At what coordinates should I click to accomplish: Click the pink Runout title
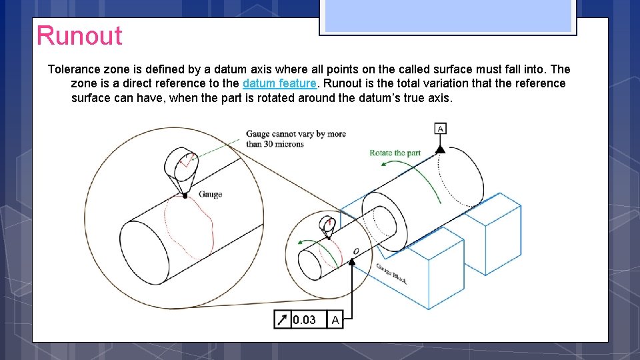[79, 35]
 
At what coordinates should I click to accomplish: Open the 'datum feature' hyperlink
[279, 83]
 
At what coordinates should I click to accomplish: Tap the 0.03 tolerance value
[304, 319]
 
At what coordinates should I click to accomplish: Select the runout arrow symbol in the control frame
[282, 319]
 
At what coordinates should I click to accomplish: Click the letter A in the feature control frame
[335, 319]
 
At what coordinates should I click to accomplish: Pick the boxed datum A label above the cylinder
[440, 129]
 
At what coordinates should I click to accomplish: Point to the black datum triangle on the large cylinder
[440, 149]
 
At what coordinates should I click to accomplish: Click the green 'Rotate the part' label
[395, 153]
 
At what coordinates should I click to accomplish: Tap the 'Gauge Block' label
[391, 273]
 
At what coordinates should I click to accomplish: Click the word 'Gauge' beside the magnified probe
[210, 194]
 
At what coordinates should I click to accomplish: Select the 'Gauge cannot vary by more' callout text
[295, 134]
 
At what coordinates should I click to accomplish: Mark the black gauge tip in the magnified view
[185, 196]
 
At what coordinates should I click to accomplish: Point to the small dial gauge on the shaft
[328, 226]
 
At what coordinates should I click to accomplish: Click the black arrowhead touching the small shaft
[352, 262]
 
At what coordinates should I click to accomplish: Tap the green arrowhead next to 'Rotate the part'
[384, 164]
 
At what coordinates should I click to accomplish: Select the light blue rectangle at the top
[448, 15]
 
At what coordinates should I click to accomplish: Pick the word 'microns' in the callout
[289, 144]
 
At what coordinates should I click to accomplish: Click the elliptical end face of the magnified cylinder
[144, 253]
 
